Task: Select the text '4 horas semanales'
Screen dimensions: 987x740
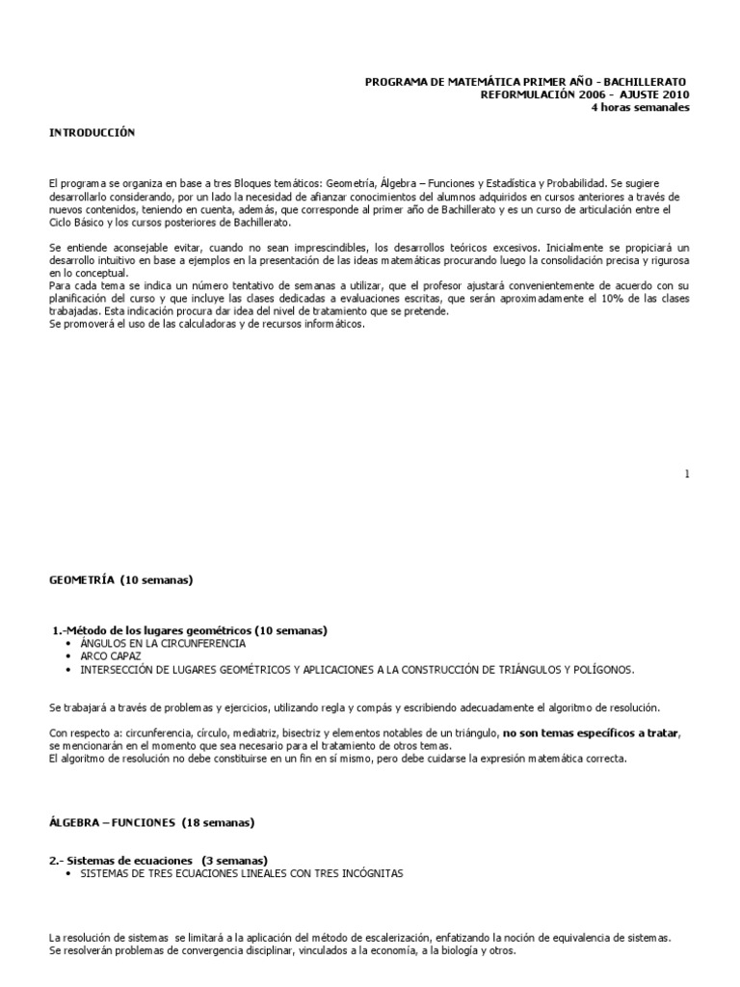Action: pyautogui.click(x=640, y=107)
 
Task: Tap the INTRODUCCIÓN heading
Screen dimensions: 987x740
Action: pyautogui.click(x=92, y=132)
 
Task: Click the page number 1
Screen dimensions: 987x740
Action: pyautogui.click(x=687, y=473)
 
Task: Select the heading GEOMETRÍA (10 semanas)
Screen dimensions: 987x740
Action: pyautogui.click(x=121, y=580)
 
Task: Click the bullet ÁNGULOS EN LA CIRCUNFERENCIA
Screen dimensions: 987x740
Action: pyautogui.click(x=163, y=643)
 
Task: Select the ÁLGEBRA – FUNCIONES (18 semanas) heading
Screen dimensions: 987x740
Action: pyautogui.click(x=151, y=822)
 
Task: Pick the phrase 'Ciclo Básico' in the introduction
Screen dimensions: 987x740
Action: pyautogui.click(x=80, y=222)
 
